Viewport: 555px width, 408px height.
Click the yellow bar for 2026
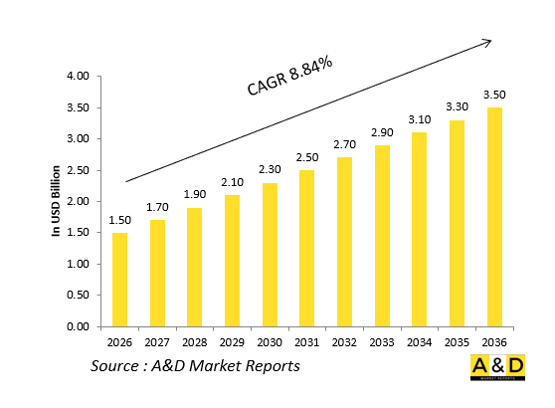click(119, 279)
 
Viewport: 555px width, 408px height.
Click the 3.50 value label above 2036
click(494, 95)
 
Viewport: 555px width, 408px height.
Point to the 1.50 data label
click(119, 220)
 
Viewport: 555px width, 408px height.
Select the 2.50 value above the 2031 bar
click(307, 157)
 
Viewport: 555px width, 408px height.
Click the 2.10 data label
click(233, 182)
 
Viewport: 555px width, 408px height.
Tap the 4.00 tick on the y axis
click(78, 77)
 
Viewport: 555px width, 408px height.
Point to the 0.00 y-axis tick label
click(78, 326)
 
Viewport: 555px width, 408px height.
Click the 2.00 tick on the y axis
click(78, 202)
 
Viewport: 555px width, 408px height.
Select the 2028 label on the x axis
click(195, 341)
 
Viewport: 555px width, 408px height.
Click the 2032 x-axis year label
click(345, 341)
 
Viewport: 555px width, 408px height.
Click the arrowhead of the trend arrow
click(487, 42)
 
